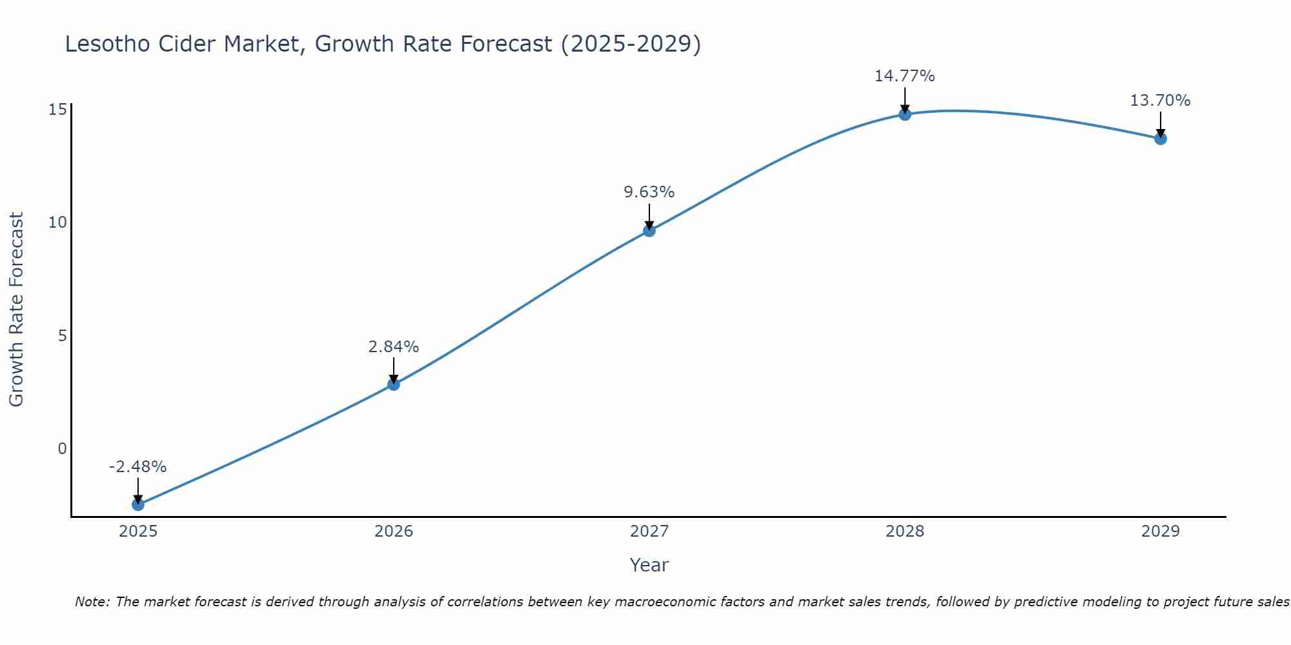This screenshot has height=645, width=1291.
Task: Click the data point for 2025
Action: click(x=138, y=504)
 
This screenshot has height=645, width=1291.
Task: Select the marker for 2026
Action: click(x=394, y=384)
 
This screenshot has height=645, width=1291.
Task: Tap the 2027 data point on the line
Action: click(x=649, y=230)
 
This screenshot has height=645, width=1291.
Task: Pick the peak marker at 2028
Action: click(x=905, y=114)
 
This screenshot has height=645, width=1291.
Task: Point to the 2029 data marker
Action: click(x=1161, y=138)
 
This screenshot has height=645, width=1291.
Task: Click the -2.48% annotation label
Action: click(x=137, y=466)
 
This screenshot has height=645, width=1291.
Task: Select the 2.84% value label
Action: click(x=394, y=346)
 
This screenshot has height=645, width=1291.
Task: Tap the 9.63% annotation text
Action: click(x=649, y=192)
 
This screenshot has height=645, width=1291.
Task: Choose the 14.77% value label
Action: click(x=904, y=75)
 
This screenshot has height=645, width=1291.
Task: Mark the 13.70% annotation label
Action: click(x=1160, y=100)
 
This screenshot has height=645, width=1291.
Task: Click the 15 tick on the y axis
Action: click(x=57, y=109)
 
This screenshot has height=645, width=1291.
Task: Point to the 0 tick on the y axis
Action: click(x=62, y=448)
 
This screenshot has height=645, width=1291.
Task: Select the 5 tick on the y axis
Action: click(x=62, y=335)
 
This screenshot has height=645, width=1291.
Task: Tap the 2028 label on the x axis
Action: click(x=905, y=531)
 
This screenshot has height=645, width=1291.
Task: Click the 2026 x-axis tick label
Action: click(x=394, y=531)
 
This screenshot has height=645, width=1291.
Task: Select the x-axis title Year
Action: click(x=649, y=565)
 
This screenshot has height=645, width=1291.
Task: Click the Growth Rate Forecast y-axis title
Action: click(x=16, y=309)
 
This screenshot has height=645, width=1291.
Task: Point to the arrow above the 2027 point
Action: click(x=649, y=216)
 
